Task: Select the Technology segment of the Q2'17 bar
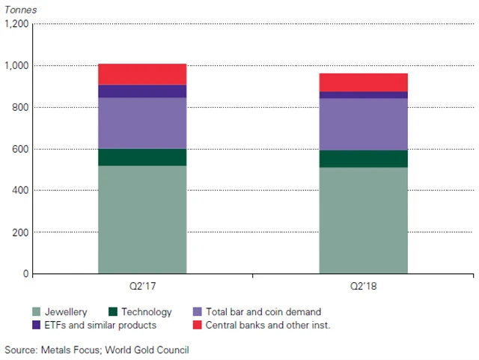click(x=142, y=157)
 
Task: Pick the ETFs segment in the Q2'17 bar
click(x=142, y=91)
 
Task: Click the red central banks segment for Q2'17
click(x=142, y=74)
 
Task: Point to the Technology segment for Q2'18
click(x=364, y=159)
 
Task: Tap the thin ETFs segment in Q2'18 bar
click(x=364, y=95)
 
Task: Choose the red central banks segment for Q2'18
click(x=364, y=82)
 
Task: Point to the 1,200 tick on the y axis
click(x=16, y=24)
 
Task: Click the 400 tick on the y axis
click(x=20, y=191)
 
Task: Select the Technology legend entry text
click(x=147, y=312)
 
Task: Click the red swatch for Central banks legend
click(x=198, y=325)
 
